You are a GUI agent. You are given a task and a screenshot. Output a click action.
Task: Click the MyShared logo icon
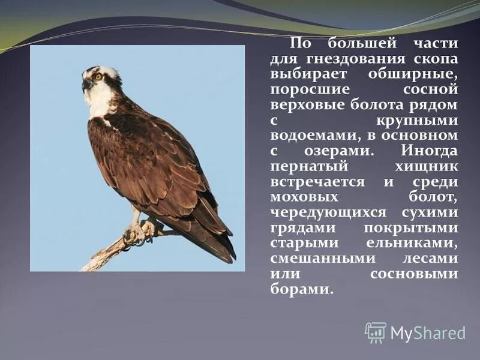pos(376,332)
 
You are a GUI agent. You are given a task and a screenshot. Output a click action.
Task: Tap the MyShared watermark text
pos(427,333)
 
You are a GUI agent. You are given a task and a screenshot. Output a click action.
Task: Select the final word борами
pos(301,289)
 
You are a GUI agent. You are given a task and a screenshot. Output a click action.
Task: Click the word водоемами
pos(317,136)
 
